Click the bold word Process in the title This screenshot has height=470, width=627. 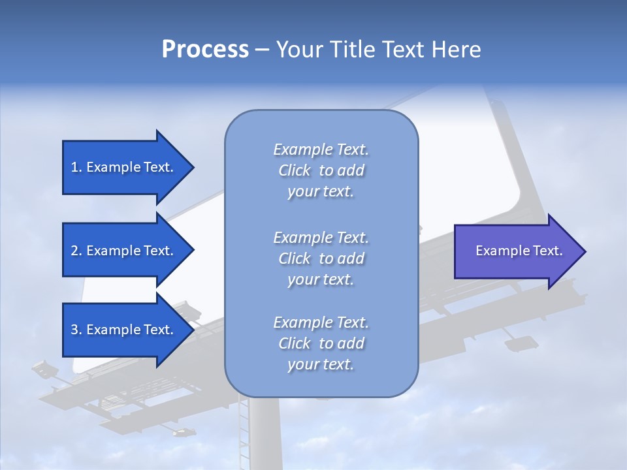[205, 50]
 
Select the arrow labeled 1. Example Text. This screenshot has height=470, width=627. [124, 167]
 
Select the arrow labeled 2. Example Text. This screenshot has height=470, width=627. [124, 251]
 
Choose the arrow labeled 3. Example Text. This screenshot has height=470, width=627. [124, 330]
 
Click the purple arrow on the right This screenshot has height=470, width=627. [516, 251]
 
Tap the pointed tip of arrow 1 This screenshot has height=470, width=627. [192, 167]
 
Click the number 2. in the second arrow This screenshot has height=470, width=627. [76, 251]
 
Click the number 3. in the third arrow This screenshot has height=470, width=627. [76, 330]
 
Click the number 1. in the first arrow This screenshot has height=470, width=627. [76, 167]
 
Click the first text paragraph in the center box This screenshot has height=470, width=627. [321, 170]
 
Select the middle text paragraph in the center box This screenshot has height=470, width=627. [321, 258]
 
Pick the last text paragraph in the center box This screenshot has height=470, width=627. [321, 343]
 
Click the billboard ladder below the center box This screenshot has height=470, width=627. [244, 431]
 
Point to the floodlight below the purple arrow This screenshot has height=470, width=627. [521, 343]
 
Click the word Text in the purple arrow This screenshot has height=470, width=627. [548, 251]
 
